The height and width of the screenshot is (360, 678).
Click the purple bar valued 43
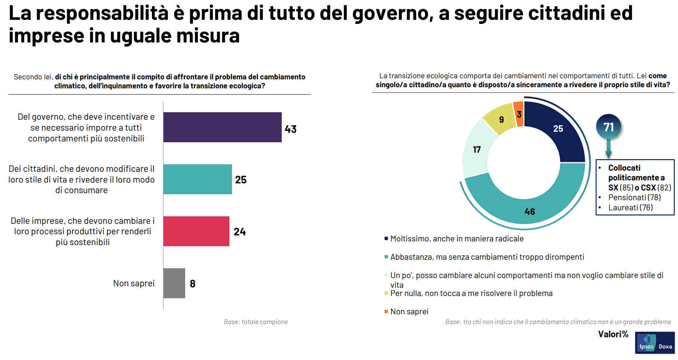[x=222, y=127]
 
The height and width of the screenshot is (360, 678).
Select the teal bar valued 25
[x=198, y=179]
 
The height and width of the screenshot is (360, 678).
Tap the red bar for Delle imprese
[x=196, y=231]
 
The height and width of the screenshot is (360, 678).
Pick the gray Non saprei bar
[x=174, y=283]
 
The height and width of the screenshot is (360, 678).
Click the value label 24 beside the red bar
[x=240, y=232]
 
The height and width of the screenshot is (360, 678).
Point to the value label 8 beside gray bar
[x=193, y=284]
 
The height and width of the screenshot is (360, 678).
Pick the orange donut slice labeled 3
[x=519, y=114]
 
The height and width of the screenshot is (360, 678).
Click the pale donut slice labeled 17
[x=476, y=150]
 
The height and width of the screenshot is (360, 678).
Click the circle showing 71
[x=608, y=127]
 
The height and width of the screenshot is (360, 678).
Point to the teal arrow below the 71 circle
[x=608, y=149]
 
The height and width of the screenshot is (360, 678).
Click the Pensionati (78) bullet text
[x=634, y=197]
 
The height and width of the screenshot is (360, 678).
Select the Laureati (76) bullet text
[x=630, y=207]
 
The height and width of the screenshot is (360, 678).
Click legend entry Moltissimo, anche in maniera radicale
[x=456, y=239]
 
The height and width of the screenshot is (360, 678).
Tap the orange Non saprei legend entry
[x=409, y=311]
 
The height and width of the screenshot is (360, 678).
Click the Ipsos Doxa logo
[x=654, y=343]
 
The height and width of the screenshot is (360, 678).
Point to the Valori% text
[x=613, y=334]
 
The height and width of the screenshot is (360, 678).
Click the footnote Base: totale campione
[x=256, y=322]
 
